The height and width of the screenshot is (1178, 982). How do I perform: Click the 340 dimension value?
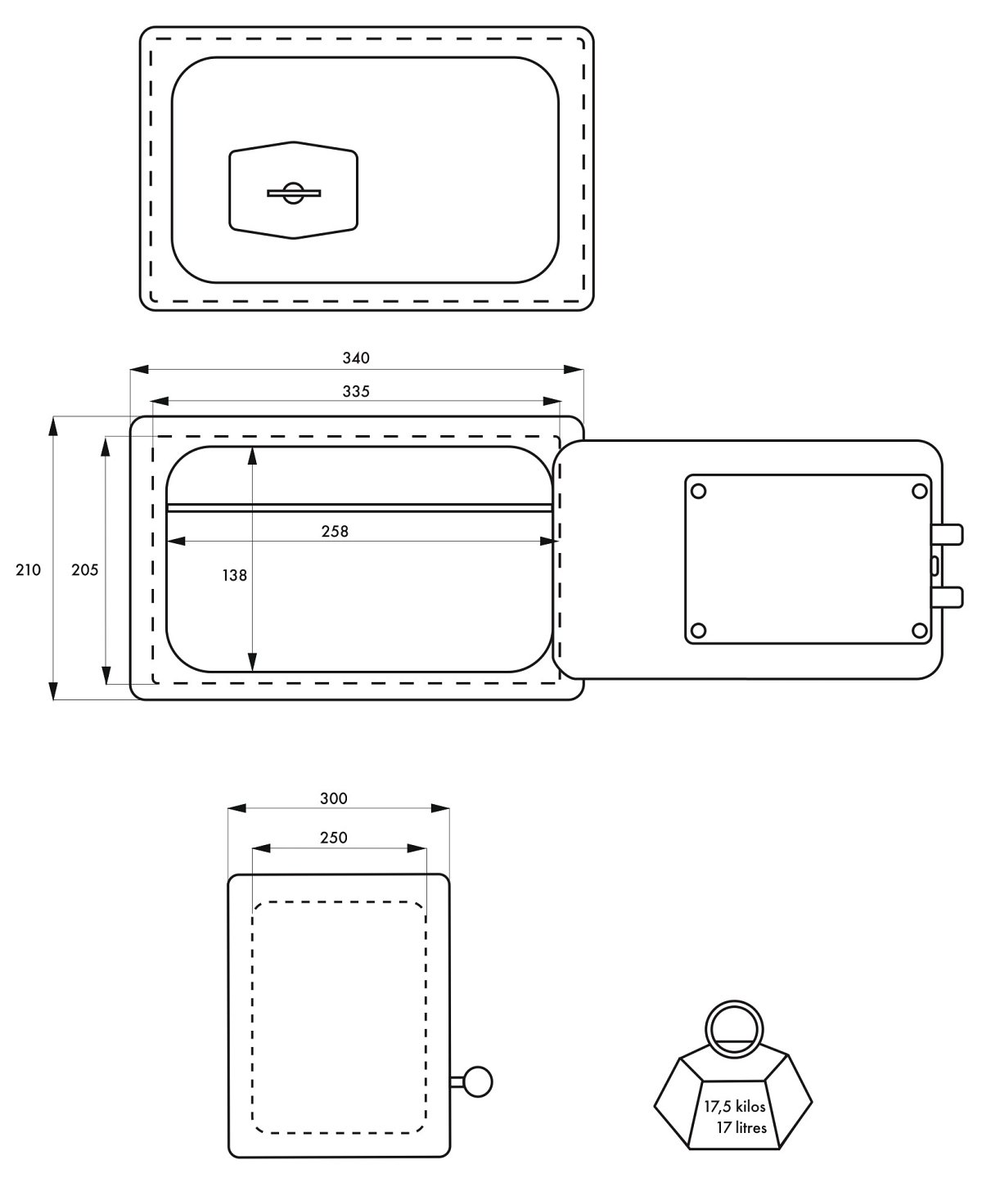point(355,357)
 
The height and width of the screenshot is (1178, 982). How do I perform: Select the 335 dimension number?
point(355,391)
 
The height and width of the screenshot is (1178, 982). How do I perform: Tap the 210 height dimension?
point(28,570)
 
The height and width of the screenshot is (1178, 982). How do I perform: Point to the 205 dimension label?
point(84,570)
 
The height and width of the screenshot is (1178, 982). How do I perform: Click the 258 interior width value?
point(335,531)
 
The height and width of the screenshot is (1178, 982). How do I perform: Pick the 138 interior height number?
point(234,575)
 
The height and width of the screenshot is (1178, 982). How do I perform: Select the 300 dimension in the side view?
point(334,798)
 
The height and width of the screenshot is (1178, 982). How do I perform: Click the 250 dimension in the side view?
point(334,837)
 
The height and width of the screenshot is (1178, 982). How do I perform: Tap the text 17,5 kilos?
point(734,1106)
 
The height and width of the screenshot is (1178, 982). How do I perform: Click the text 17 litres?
point(741,1128)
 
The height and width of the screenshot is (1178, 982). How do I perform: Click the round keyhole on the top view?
point(293,193)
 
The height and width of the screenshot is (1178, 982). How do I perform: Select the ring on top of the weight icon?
point(734,1029)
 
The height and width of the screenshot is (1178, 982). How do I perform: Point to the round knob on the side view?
point(477,1082)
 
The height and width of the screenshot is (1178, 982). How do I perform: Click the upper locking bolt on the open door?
point(947,533)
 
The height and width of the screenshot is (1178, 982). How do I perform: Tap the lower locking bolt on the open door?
point(947,597)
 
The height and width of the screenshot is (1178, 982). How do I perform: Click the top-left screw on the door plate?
point(698,491)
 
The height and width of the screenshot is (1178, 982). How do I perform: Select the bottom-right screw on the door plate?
point(919,630)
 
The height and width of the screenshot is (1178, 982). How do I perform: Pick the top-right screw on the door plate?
point(919,491)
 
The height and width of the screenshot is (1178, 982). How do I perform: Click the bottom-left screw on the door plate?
point(698,630)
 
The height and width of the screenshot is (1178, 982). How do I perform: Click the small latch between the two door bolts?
point(935,564)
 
